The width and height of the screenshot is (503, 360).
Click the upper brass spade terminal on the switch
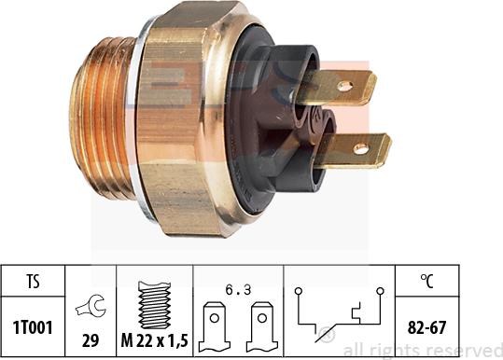tap(341, 89)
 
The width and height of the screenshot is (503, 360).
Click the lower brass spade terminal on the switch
tap(359, 150)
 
